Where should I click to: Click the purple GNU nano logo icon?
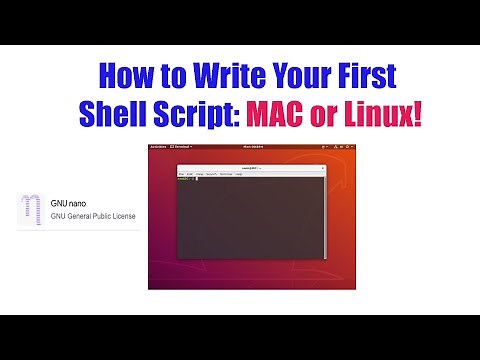[x=30, y=208]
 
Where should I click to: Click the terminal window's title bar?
[x=239, y=168]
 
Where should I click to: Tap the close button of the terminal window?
[x=300, y=168]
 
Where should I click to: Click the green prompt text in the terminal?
[x=183, y=179]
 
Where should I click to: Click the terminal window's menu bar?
[x=210, y=174]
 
